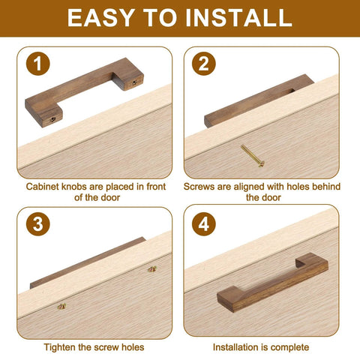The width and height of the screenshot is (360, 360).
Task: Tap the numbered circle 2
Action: pyautogui.click(x=202, y=65)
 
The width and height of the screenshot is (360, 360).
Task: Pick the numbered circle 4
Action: pyautogui.click(x=202, y=224)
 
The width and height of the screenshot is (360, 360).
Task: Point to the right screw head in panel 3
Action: pyautogui.click(x=151, y=268)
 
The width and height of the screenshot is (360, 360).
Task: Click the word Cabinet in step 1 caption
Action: pyautogui.click(x=43, y=186)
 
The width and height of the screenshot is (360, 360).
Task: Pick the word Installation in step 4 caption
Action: pyautogui.click(x=237, y=347)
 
